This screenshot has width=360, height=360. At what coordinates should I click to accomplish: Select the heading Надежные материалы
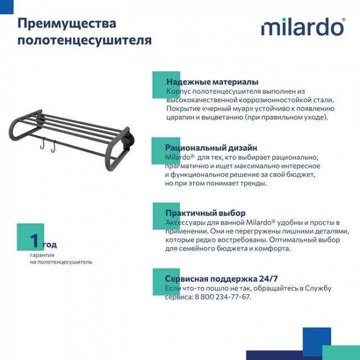212,81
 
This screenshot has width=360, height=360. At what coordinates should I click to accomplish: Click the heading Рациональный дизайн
211,148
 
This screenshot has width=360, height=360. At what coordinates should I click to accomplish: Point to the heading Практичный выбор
205,213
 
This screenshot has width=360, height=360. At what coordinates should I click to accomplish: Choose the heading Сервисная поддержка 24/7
222,279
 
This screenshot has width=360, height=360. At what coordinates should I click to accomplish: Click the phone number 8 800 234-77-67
223,297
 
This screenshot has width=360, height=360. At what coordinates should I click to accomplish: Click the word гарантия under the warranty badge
42,255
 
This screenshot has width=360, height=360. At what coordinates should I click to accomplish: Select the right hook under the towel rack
53,147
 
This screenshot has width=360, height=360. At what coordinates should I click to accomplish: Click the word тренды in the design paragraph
255,183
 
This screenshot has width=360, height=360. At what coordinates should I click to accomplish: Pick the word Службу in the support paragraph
317,288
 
